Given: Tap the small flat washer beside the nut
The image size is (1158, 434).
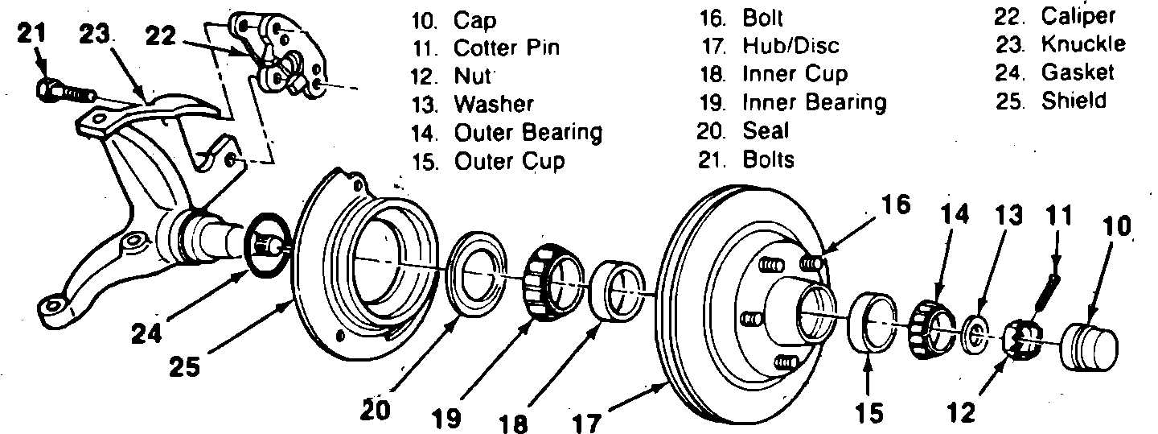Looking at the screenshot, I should pos(976,333).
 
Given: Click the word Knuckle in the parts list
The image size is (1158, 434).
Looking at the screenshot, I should pos(1083,44).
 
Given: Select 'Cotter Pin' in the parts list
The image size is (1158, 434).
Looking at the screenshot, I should pos(506,48).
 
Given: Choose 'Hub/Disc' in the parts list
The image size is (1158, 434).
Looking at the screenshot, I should pos(791,46).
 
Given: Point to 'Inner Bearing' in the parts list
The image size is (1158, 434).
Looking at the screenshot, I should pos(814,102).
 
